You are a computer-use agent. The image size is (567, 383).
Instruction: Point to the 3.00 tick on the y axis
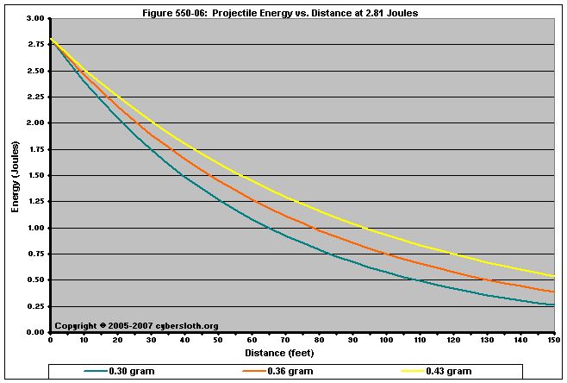[34, 18]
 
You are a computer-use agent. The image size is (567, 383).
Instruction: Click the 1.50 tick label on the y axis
[34, 175]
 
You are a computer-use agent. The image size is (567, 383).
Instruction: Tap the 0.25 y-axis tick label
[34, 306]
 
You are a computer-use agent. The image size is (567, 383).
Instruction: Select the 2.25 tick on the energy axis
[34, 97]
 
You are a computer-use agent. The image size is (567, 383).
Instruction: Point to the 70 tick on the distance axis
[284, 341]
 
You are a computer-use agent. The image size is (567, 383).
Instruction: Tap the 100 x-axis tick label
[384, 341]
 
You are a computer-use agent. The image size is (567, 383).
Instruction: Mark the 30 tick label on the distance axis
[151, 341]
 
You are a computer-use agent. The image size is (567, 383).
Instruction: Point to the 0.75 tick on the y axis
[34, 254]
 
